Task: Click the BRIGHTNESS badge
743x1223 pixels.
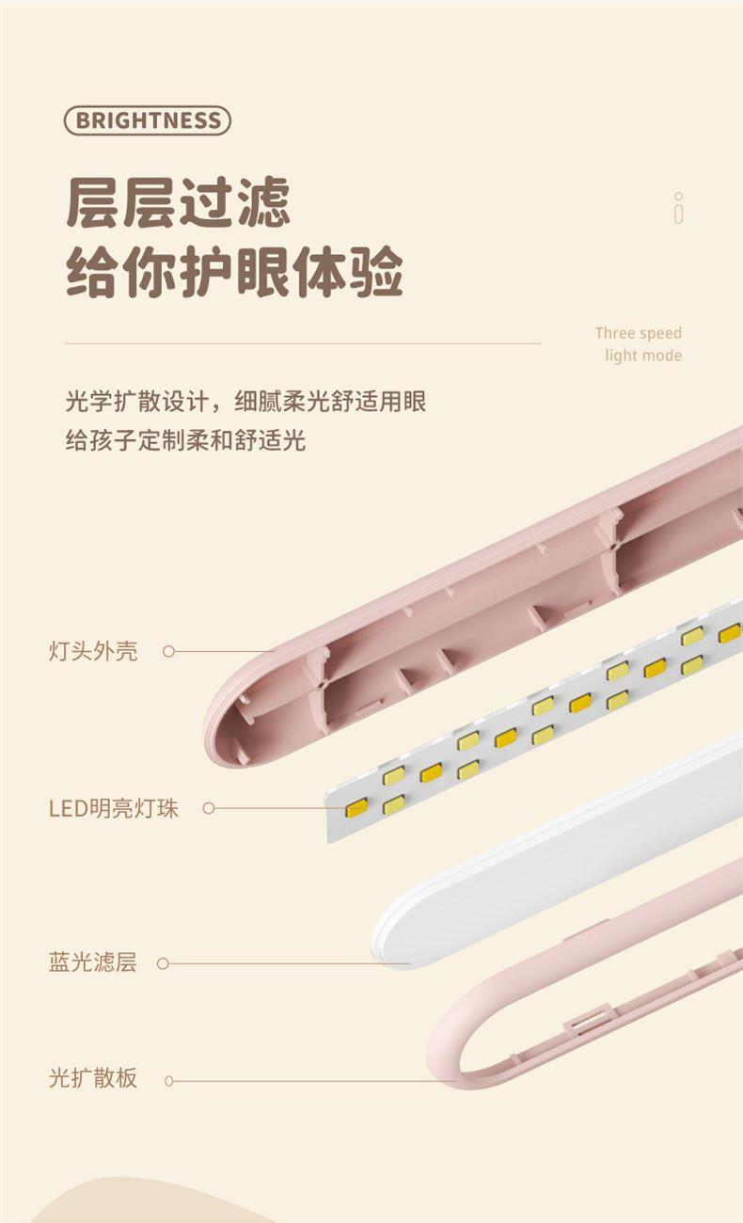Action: (x=148, y=120)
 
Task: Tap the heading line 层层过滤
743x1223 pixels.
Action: (x=178, y=202)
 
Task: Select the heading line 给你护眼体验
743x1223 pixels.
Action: (x=235, y=271)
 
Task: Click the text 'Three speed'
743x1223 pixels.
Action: (x=639, y=332)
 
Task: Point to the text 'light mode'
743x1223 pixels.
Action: (x=643, y=356)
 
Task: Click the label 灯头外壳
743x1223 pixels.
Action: (x=93, y=651)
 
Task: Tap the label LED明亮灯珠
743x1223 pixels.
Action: (x=114, y=808)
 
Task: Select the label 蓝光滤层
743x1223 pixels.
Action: (x=93, y=962)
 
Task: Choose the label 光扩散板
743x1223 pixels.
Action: (x=93, y=1078)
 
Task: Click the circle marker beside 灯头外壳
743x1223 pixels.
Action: (x=168, y=651)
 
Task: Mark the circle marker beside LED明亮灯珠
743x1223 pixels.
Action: (x=209, y=808)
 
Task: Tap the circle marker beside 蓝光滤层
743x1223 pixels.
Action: (x=163, y=963)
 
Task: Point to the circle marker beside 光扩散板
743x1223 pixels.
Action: (x=168, y=1081)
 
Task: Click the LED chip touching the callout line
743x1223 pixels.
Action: (x=356, y=808)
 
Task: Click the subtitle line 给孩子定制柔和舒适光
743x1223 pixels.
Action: (x=185, y=440)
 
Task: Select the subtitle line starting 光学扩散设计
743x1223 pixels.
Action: (x=245, y=402)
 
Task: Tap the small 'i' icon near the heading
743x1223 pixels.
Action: (x=679, y=208)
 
